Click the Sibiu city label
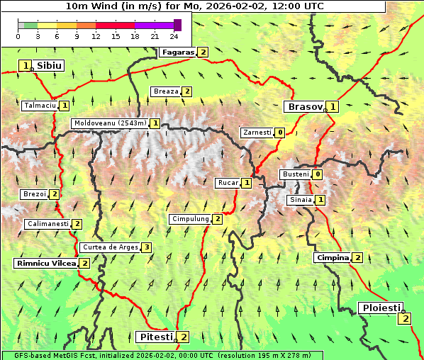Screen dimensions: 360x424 (49, 66)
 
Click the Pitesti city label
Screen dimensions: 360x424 (155, 337)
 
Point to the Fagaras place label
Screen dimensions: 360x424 (177, 52)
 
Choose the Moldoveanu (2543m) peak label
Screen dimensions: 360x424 (110, 123)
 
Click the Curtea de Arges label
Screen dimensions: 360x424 (109, 247)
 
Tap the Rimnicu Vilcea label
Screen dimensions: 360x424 (45, 263)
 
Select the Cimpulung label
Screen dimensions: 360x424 (190, 219)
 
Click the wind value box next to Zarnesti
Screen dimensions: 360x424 (280, 133)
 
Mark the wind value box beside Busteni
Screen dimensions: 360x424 (318, 174)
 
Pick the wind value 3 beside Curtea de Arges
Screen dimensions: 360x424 (146, 247)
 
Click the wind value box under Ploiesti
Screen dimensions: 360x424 (405, 318)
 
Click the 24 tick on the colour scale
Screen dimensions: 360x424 (174, 36)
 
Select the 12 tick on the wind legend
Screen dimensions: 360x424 (96, 36)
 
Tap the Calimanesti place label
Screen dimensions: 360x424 (48, 224)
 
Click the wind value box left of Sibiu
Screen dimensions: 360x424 (26, 66)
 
